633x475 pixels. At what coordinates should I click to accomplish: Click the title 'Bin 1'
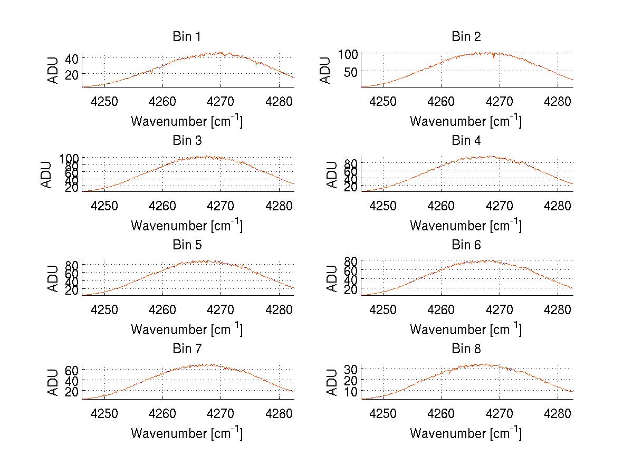pyautogui.click(x=187, y=37)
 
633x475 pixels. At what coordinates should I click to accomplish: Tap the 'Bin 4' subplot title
pyautogui.click(x=466, y=141)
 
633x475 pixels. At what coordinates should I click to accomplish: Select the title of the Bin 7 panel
pyautogui.click(x=187, y=349)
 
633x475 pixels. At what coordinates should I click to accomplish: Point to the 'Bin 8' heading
pyautogui.click(x=466, y=349)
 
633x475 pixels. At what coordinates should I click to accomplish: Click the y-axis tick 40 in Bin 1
pyautogui.click(x=72, y=58)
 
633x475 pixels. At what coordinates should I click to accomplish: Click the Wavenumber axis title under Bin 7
pyautogui.click(x=187, y=433)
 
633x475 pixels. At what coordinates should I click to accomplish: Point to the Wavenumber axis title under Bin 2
pyautogui.click(x=466, y=121)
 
